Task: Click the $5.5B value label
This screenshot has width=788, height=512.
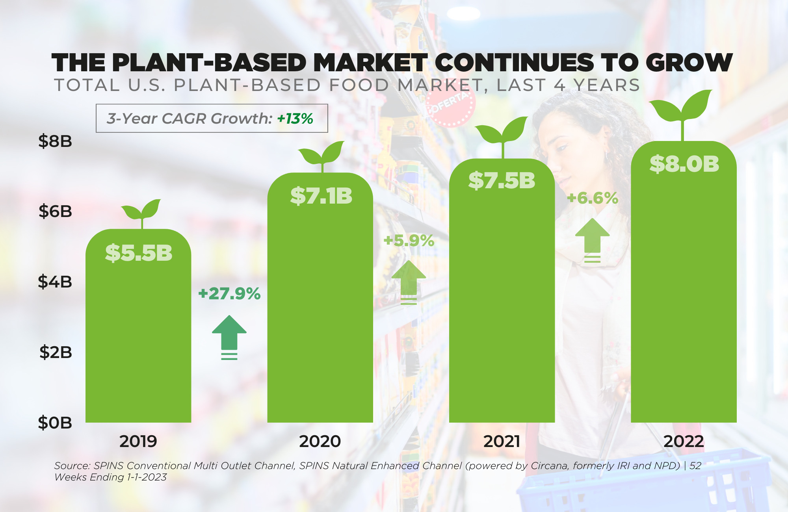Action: point(139,253)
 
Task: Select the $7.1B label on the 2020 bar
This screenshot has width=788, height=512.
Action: point(321,196)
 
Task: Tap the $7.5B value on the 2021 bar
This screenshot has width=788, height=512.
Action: point(502,180)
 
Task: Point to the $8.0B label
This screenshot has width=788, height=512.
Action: point(684,164)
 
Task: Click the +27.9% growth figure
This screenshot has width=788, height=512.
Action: point(229,294)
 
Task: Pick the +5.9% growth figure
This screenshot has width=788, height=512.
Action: point(409,241)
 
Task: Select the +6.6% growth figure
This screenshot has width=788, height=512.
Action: point(592,198)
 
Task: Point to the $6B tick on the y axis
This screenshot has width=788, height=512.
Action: point(55,211)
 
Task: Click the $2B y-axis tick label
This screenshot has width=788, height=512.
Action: point(56,352)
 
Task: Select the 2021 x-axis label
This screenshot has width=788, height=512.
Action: point(502,442)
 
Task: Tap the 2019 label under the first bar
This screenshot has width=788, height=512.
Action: point(138,442)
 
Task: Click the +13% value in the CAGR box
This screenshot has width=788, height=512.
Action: point(295,119)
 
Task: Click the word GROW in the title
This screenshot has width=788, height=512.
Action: point(689,63)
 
